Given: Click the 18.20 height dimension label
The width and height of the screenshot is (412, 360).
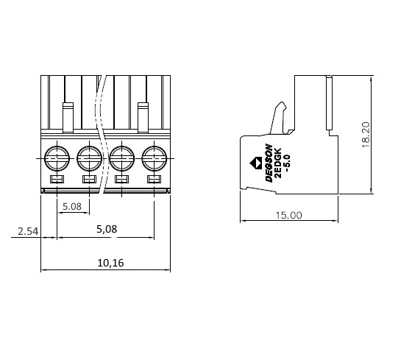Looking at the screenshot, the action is coord(366,135).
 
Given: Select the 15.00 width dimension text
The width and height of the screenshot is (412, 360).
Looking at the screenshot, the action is coord(288,216).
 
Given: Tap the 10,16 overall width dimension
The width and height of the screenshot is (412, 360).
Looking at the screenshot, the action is coord(110,263).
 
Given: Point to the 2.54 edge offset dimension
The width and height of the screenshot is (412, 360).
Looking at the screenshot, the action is coord(28,231).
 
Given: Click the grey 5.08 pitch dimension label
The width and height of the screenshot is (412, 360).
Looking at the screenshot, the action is coord(72,206).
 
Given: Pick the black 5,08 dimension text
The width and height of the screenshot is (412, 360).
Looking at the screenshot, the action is coord(107,229).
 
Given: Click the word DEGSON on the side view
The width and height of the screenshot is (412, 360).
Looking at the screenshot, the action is coord(269,163).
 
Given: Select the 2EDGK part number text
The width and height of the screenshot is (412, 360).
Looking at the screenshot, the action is coord(278,163).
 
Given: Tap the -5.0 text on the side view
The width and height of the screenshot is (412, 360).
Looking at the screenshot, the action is coord(287,163).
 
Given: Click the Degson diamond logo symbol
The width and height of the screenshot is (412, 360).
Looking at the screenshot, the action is coord(255,163).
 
